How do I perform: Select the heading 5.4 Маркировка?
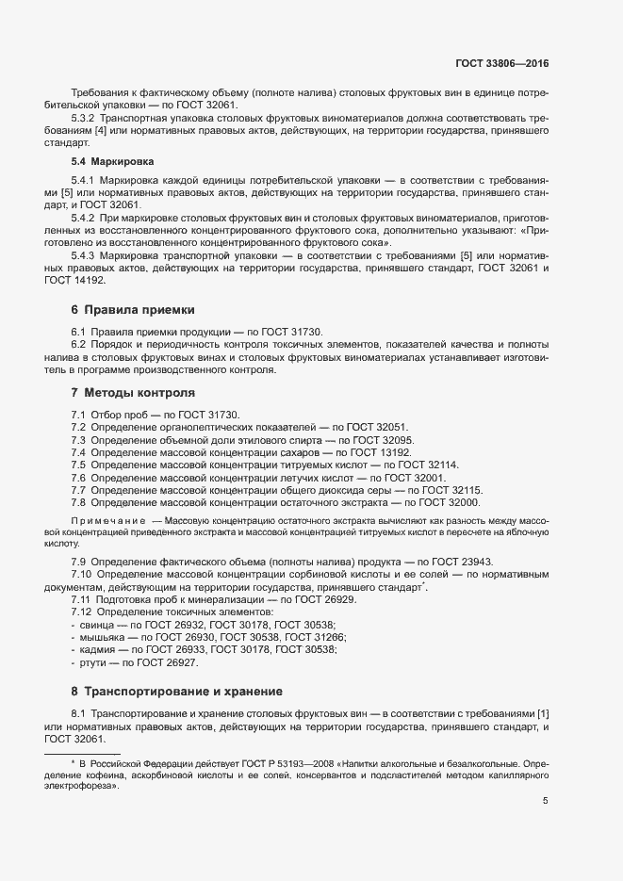[x=102, y=162]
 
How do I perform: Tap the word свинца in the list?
[x=96, y=626]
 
